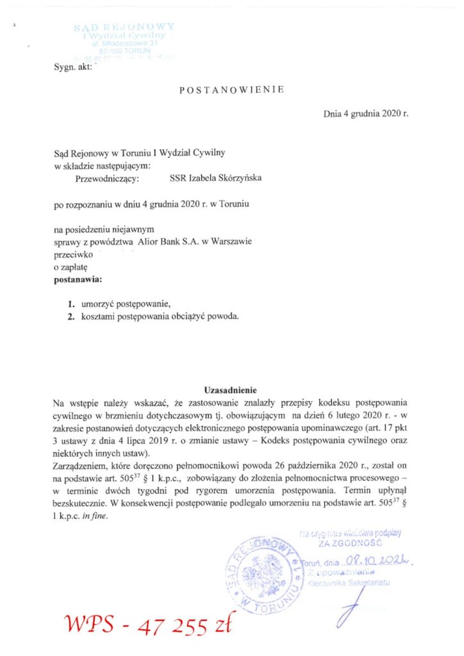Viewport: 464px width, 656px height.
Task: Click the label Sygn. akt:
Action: [x=74, y=65]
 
